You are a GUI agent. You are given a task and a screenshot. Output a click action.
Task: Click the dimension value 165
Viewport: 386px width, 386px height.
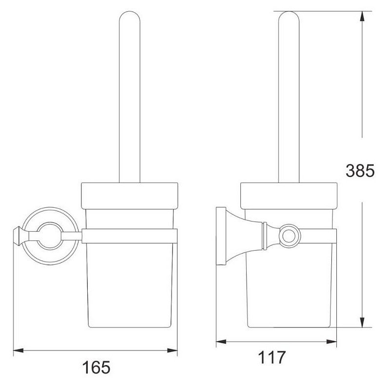pos(96,368)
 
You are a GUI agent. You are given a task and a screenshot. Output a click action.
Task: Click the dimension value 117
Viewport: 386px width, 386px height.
pos(271,357)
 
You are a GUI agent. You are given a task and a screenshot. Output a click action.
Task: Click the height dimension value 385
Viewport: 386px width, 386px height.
pos(360,170)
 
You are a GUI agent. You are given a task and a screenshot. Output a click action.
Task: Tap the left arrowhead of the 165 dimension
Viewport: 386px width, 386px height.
pos(18,350)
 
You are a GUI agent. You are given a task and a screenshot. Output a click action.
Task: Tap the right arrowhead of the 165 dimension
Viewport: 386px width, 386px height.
pos(173,350)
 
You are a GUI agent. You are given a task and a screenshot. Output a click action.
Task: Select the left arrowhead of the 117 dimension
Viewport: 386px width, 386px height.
pos(221,341)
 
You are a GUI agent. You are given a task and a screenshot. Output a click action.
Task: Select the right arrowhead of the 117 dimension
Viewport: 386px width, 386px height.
pos(331,341)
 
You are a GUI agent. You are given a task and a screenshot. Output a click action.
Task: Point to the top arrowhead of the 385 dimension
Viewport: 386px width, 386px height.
pos(362,16)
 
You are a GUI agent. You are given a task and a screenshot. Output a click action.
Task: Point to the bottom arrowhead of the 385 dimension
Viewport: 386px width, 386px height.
pos(362,322)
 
